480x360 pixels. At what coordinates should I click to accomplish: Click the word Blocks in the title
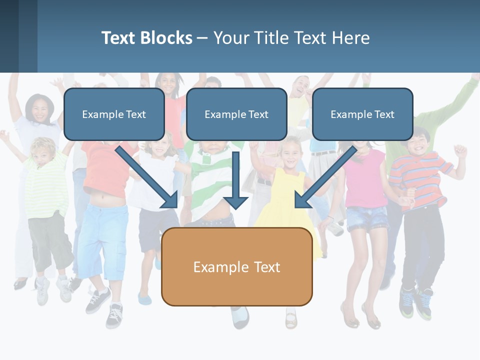(x=166, y=38)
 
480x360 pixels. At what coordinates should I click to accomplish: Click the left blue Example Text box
(x=114, y=114)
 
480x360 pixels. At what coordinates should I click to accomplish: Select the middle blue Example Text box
(x=236, y=114)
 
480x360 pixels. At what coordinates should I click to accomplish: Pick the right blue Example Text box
(x=362, y=114)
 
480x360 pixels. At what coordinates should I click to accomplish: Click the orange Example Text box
(x=236, y=266)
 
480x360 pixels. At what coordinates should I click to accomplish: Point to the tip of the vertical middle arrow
(x=235, y=207)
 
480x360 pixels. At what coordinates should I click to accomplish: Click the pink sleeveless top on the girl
(x=364, y=177)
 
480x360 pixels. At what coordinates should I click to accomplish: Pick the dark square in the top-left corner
(x=9, y=36)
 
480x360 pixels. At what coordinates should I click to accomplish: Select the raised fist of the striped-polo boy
(x=459, y=150)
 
